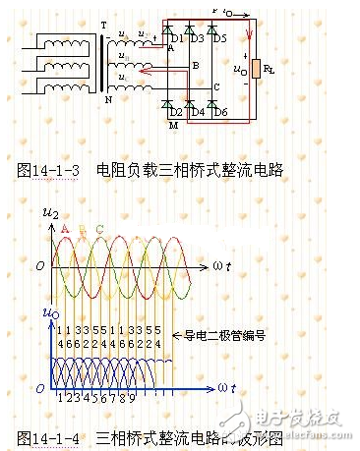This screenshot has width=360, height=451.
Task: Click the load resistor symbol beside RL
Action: click(x=256, y=71)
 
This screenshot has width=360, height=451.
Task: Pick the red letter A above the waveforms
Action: click(x=66, y=229)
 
